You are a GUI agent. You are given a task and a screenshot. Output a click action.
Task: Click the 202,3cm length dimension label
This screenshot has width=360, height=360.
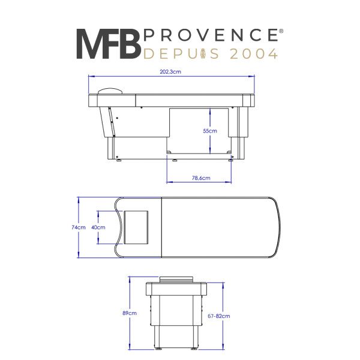point(170,71)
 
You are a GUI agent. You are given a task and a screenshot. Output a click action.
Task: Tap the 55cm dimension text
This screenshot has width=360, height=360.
point(210,131)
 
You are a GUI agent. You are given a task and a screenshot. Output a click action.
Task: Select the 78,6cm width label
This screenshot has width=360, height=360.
point(201,178)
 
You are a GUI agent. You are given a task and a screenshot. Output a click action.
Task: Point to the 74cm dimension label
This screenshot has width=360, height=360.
point(79,227)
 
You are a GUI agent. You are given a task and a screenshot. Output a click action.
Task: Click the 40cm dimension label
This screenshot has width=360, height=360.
point(98,227)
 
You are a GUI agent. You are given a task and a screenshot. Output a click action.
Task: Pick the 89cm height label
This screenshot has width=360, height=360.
point(130,313)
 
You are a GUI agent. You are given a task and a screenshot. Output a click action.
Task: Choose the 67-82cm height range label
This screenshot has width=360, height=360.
point(219,316)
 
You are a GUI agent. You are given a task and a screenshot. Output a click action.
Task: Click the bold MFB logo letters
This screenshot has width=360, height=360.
point(109,44)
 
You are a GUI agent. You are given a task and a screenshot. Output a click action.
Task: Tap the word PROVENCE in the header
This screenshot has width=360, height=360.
point(211,35)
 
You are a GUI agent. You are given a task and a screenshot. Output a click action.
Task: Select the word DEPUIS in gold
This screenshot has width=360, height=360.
point(181,54)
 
